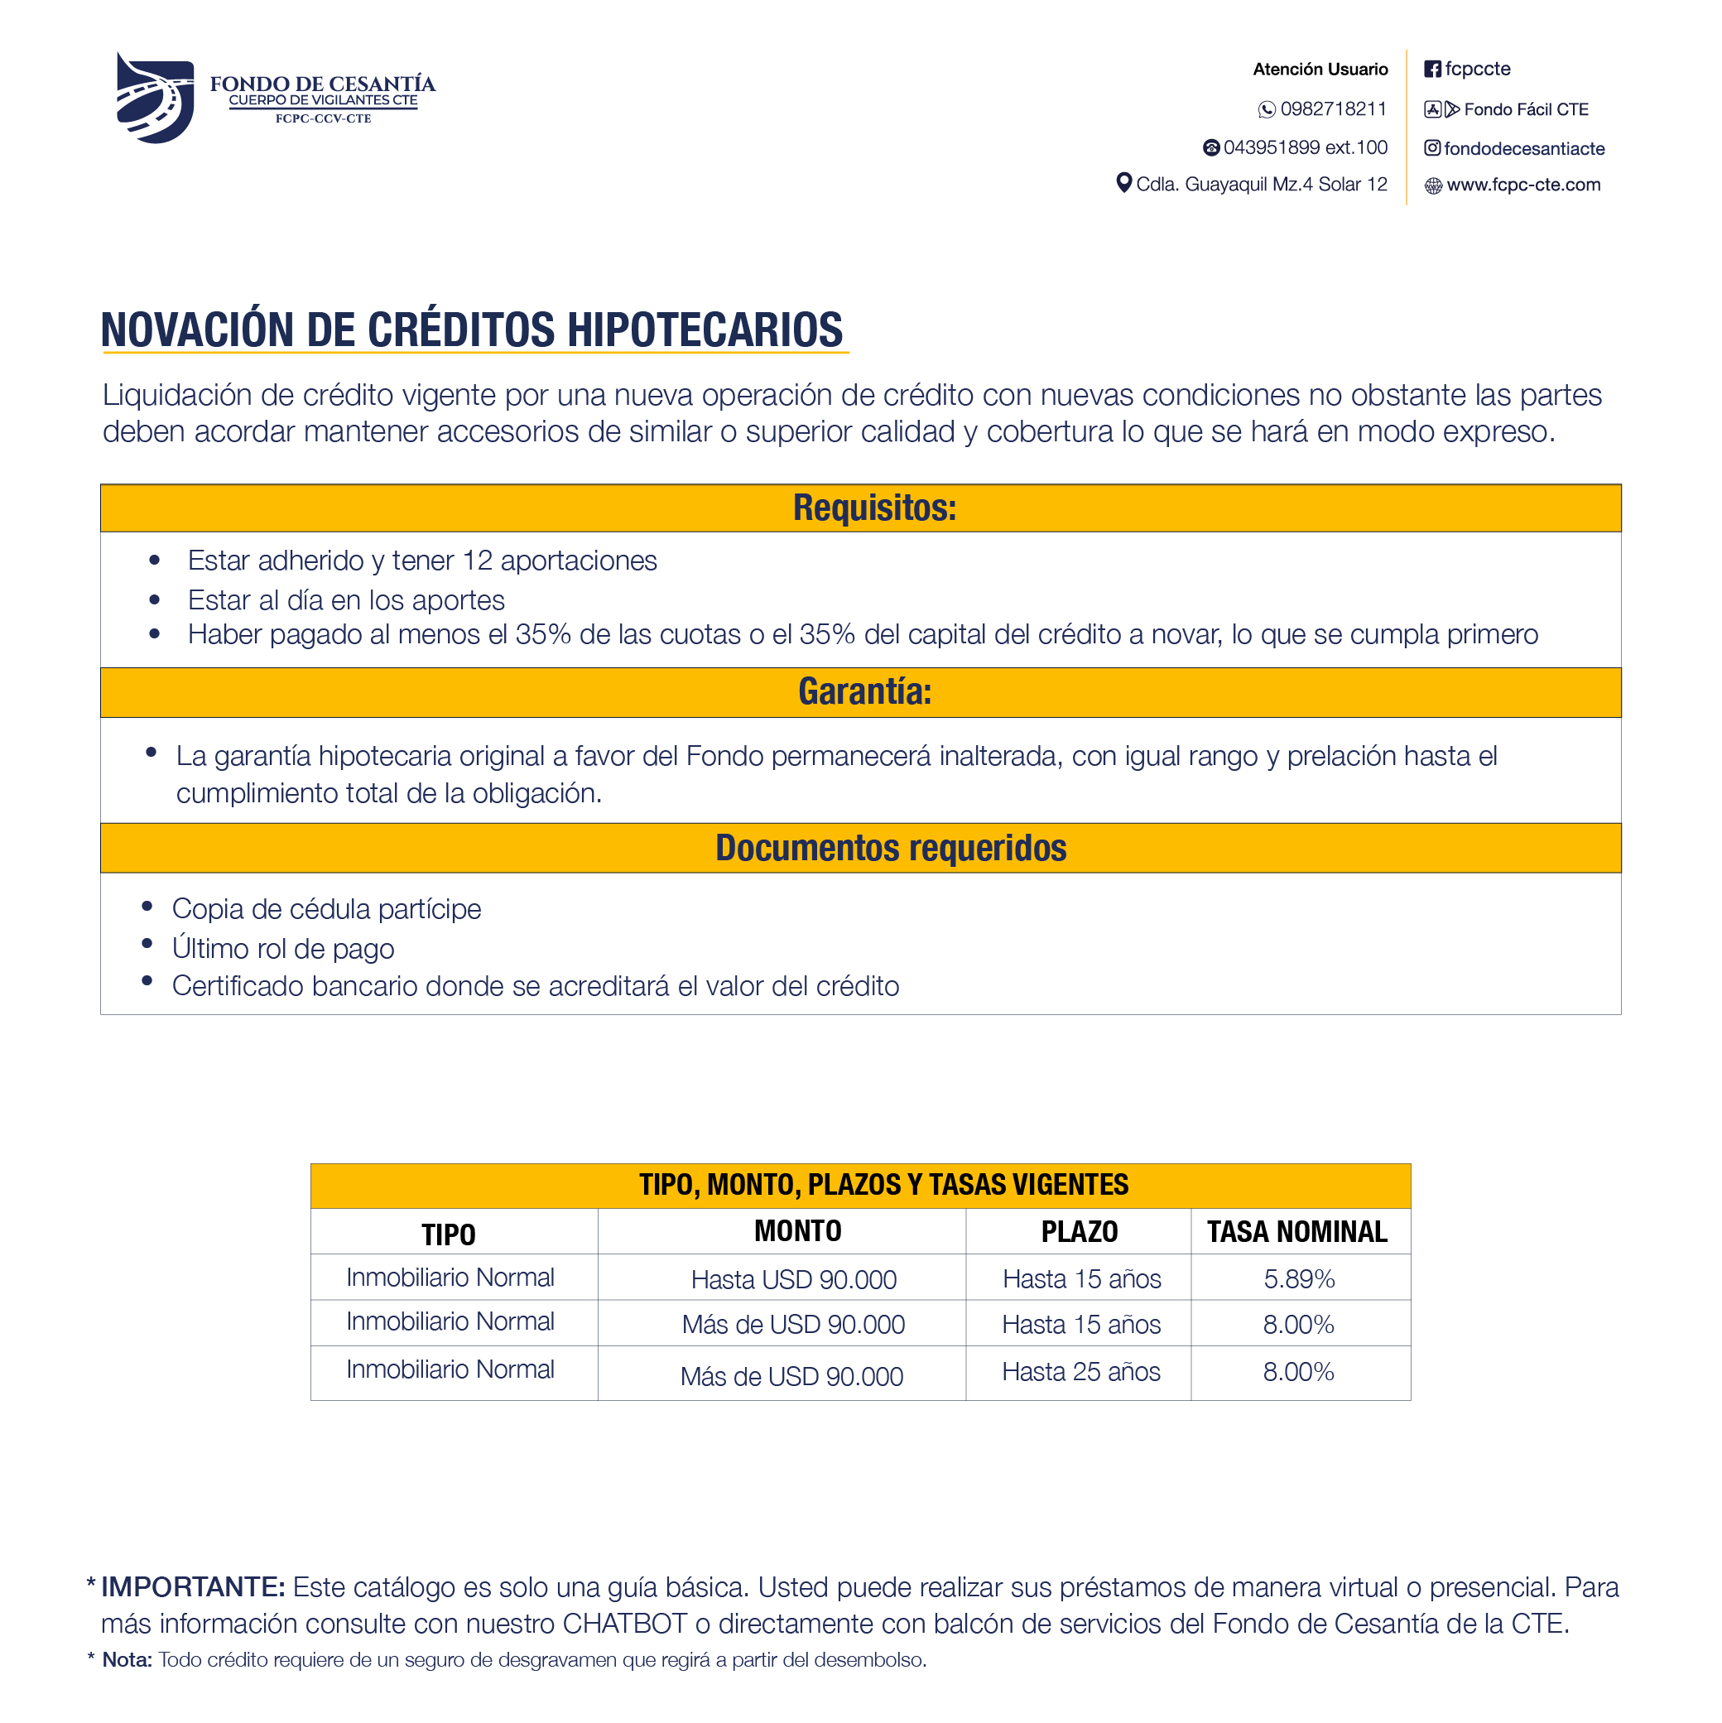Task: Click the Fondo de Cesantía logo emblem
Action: coord(155,98)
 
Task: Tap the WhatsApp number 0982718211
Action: coord(1332,108)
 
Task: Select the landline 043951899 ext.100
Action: coord(1305,147)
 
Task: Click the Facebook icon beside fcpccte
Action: coord(1432,70)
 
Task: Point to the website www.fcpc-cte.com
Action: coord(1523,185)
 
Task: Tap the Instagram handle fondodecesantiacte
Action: coord(1524,148)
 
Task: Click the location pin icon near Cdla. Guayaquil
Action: coord(1123,183)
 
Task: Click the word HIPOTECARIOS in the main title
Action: coord(705,330)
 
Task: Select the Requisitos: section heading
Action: coord(874,508)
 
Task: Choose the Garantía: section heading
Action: coord(864,692)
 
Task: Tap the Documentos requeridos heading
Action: coord(890,848)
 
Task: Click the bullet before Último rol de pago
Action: coord(147,944)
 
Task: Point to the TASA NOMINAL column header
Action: coord(1296,1232)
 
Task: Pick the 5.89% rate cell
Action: coord(1298,1279)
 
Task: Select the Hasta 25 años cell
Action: coord(1081,1372)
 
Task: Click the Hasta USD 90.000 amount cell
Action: coord(794,1280)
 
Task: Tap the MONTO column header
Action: coord(797,1230)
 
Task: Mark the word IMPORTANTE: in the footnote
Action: coord(193,1587)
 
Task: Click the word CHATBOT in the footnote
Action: coord(624,1623)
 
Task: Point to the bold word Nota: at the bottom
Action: coord(127,1660)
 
